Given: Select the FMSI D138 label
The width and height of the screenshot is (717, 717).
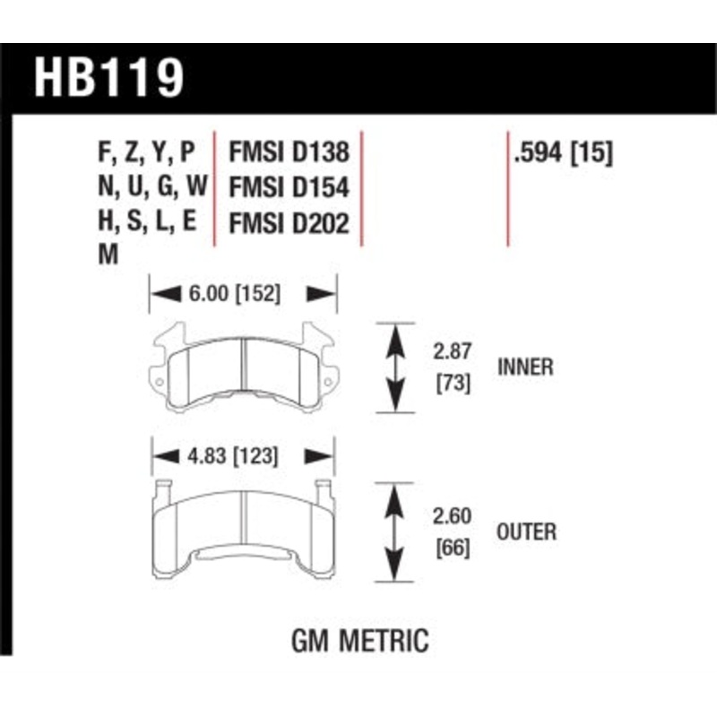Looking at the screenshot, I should click(x=289, y=151).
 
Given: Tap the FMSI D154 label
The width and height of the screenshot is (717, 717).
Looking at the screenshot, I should click(x=289, y=187).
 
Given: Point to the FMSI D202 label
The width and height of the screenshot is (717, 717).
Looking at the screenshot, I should click(x=289, y=223).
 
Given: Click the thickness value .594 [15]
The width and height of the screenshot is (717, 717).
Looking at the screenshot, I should click(x=562, y=152).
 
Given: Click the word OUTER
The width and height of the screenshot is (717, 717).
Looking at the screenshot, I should click(x=525, y=531).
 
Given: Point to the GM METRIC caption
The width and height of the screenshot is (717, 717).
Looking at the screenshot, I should click(x=359, y=641).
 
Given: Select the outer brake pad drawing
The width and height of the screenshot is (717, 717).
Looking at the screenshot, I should click(x=243, y=529).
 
